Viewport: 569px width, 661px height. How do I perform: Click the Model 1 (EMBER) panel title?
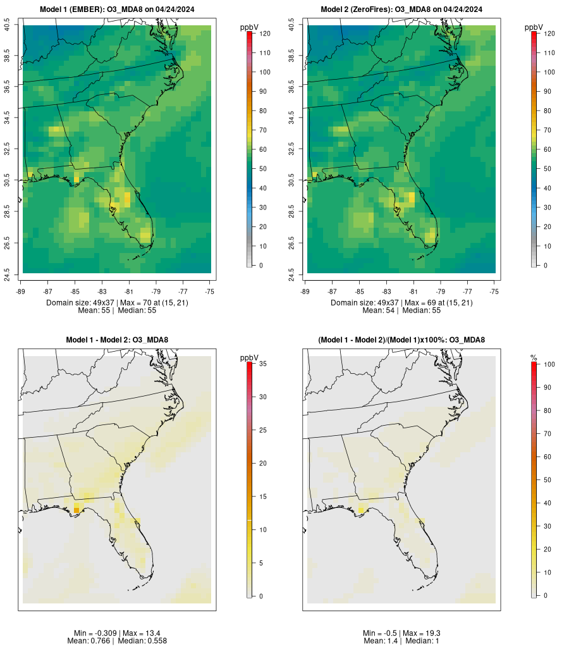pyautogui.click(x=117, y=9)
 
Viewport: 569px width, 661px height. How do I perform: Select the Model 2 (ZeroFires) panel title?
pyautogui.click(x=401, y=9)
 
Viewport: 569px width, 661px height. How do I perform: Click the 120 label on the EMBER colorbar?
pyautogui.click(x=266, y=34)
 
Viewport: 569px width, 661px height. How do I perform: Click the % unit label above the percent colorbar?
pyautogui.click(x=534, y=358)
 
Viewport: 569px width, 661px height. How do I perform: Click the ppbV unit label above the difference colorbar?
pyautogui.click(x=250, y=358)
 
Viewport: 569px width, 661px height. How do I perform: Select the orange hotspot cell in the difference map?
pyautogui.click(x=76, y=510)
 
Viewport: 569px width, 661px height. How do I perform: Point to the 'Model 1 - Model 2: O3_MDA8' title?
pyautogui.click(x=117, y=340)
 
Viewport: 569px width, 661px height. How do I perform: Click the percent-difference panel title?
pyautogui.click(x=401, y=340)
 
